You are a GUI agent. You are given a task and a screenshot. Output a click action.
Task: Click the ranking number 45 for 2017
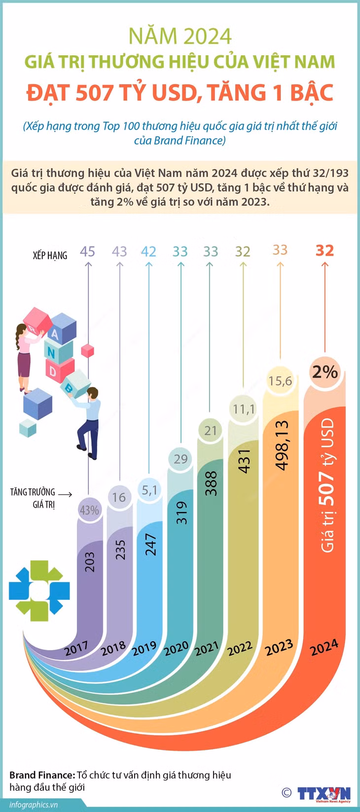(87, 252)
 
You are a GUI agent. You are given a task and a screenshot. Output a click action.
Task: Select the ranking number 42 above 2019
(148, 252)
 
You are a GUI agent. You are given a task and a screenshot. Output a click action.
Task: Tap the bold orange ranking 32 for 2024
(324, 251)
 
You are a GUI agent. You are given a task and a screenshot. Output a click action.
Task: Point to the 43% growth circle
(89, 511)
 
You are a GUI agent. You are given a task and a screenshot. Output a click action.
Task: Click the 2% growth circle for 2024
(325, 372)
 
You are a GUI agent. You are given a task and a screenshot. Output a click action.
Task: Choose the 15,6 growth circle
(280, 381)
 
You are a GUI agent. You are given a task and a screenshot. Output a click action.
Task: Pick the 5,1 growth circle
(149, 490)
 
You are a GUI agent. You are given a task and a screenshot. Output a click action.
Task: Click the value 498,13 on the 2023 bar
(282, 445)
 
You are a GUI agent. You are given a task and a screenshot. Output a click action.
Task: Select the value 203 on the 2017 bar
(89, 562)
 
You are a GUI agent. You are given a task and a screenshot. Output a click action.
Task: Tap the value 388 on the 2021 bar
(211, 483)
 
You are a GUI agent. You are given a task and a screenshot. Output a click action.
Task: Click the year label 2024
(324, 647)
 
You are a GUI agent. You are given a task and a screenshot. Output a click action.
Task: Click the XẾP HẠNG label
(50, 256)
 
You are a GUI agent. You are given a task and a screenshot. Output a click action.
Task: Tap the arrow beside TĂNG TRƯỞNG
(65, 494)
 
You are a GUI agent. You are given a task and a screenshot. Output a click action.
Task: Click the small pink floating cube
(87, 351)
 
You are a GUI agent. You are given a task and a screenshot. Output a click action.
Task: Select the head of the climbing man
(93, 393)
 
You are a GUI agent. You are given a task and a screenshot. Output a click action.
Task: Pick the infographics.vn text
(34, 805)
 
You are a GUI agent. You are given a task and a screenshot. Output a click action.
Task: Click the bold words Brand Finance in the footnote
(42, 775)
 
